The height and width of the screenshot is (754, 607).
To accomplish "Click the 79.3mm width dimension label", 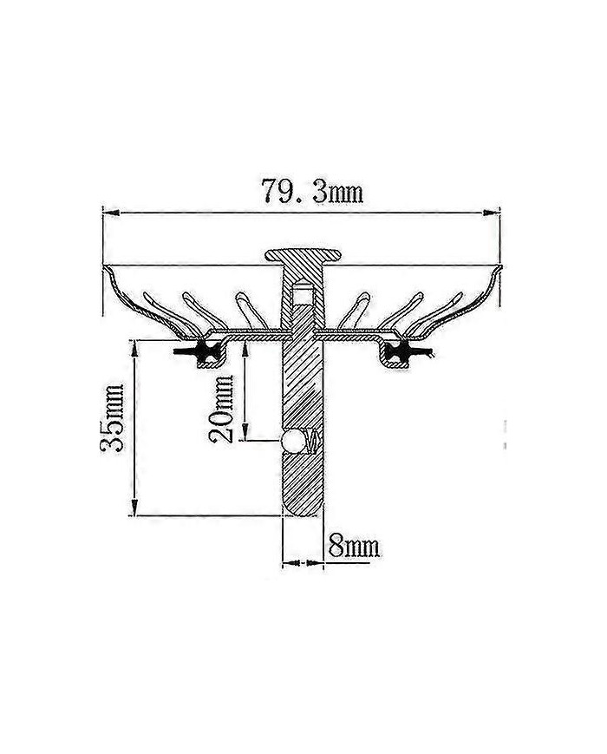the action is [312, 192].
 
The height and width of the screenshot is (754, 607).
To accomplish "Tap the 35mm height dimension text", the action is [113, 417].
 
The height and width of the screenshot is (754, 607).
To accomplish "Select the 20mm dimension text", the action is [221, 409].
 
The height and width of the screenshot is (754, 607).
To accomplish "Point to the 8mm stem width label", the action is [354, 547].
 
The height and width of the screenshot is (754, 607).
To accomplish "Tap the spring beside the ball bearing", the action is [312, 441].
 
